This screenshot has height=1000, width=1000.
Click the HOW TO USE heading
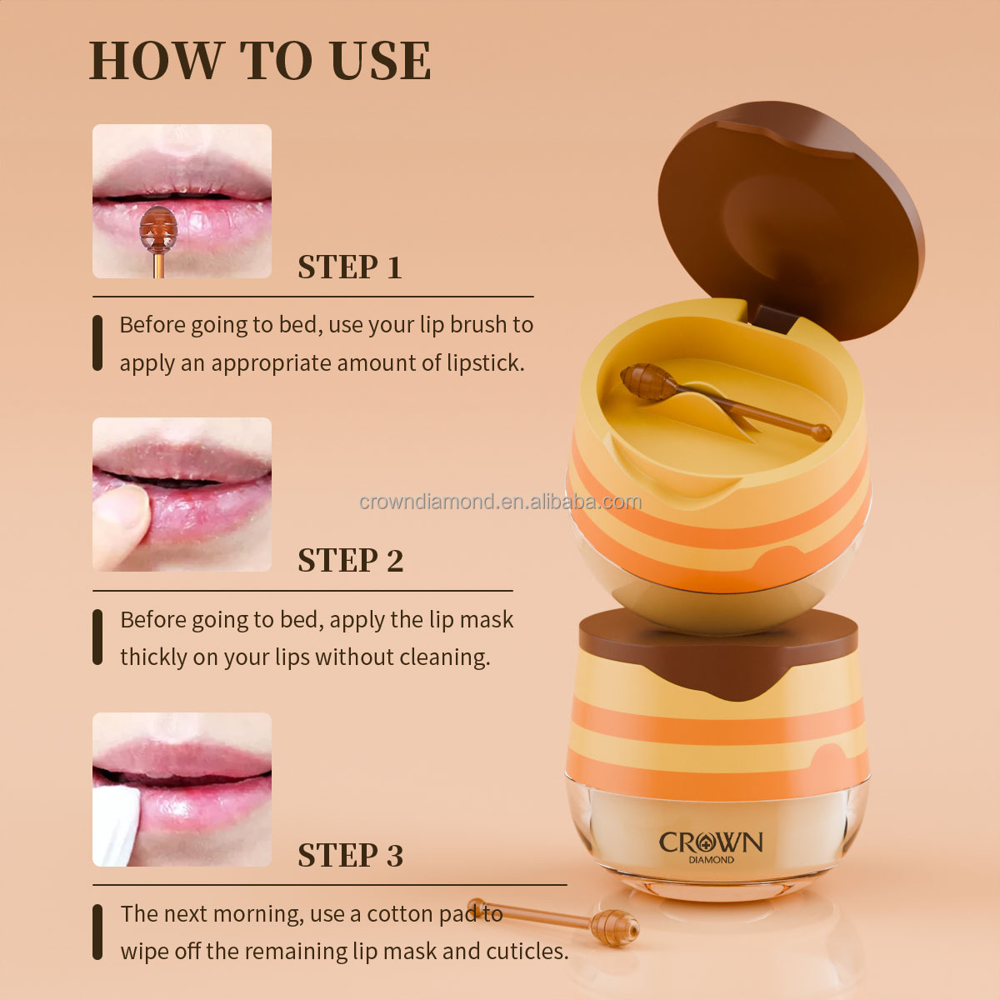(260, 60)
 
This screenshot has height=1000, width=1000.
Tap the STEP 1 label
(350, 267)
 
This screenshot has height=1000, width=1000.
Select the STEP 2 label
(350, 561)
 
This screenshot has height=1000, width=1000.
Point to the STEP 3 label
(350, 856)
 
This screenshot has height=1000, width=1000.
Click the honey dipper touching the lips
(157, 230)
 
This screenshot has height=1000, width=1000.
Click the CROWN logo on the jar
(711, 842)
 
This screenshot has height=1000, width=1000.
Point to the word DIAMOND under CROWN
(711, 860)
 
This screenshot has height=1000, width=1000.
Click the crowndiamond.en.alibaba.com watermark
(500, 502)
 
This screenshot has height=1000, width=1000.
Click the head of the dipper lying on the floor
(614, 927)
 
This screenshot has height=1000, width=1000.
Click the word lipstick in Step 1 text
(485, 363)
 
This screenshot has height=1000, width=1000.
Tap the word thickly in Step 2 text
(153, 657)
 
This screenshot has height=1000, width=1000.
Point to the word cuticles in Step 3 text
(527, 952)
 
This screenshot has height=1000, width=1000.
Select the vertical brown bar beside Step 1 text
(97, 342)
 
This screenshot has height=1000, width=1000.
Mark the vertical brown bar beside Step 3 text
(97, 932)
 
